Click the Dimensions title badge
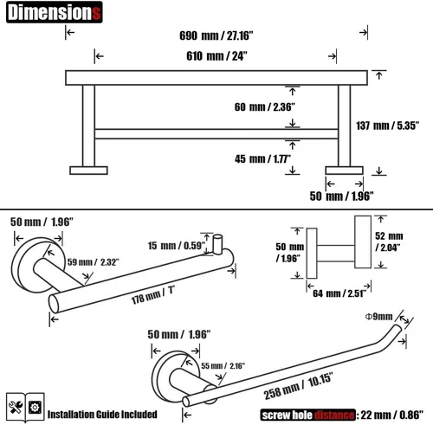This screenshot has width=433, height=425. click(55, 12)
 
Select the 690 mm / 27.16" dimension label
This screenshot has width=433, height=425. click(216, 35)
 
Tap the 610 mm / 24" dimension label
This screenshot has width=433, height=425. click(216, 55)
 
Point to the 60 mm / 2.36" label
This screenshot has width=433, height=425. click(265, 107)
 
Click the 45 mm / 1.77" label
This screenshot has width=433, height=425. click(262, 158)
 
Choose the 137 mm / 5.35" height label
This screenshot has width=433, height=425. click(387, 126)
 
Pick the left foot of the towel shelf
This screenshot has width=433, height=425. click(88, 171)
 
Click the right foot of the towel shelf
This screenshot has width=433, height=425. click(344, 171)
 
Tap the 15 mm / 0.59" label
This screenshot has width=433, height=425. click(177, 246)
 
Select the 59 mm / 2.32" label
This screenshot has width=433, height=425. click(94, 262)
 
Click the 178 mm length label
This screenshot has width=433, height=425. click(153, 295)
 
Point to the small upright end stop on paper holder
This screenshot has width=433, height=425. click(217, 244)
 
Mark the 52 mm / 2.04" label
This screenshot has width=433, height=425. click(389, 241)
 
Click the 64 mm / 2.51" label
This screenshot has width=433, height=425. click(339, 293)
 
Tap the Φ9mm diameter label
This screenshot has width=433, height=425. click(379, 317)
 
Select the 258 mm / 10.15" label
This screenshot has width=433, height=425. click(298, 386)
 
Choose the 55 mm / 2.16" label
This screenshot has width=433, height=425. click(223, 366)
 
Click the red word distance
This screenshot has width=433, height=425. click(334, 415)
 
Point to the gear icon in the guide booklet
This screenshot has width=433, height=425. click(35, 408)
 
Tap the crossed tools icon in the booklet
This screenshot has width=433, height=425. click(16, 408)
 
